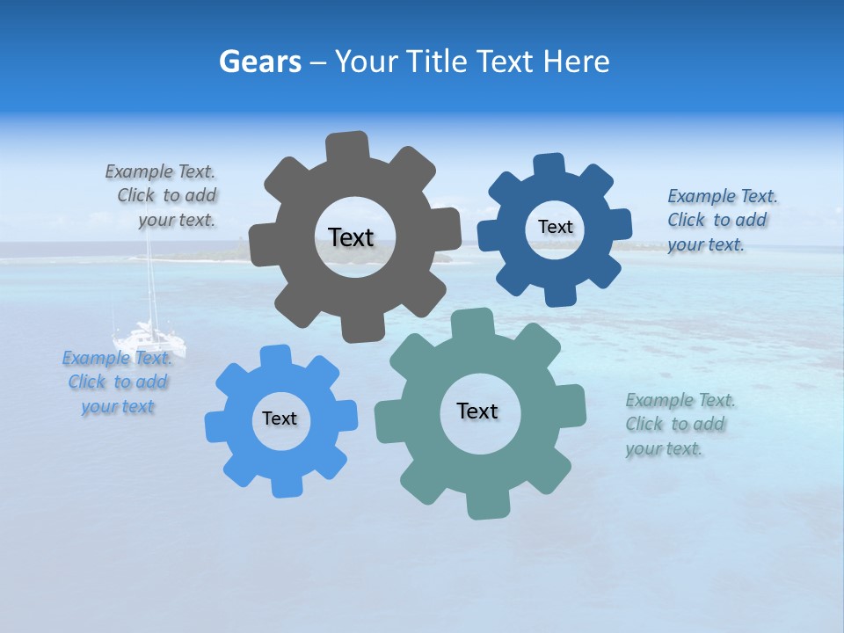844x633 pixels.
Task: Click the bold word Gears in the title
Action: point(259,62)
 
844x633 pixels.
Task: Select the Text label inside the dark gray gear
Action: point(352,237)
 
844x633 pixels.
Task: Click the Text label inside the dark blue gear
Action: point(555,227)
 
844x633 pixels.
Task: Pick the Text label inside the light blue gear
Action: point(280,418)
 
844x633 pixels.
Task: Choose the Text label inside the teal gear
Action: point(477,411)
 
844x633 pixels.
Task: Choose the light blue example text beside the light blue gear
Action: point(117,382)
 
